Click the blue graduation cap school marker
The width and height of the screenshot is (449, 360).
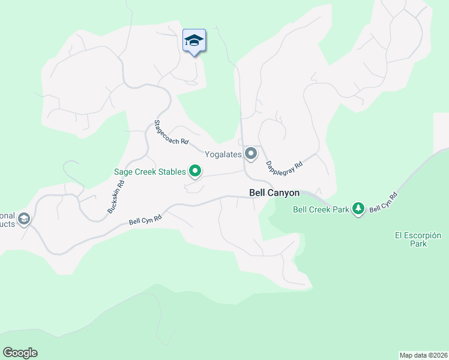pyautogui.click(x=194, y=41)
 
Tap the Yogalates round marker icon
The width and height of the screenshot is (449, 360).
pyautogui.click(x=251, y=154)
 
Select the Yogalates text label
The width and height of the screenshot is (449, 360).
pyautogui.click(x=223, y=154)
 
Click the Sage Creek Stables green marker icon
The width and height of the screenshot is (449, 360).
pyautogui.click(x=195, y=172)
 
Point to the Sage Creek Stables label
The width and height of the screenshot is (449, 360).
pyautogui.click(x=151, y=172)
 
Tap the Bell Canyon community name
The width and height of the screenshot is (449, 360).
pyautogui.click(x=274, y=193)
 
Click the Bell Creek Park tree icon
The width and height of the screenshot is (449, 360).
pyautogui.click(x=358, y=209)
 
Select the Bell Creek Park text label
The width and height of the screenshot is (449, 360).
pyautogui.click(x=321, y=209)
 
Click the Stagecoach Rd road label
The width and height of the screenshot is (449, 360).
pyautogui.click(x=171, y=133)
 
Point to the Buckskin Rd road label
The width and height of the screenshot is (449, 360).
pyautogui.click(x=115, y=194)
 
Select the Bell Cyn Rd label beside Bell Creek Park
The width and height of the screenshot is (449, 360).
pyautogui.click(x=384, y=202)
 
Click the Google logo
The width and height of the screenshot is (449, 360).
pyautogui.click(x=20, y=353)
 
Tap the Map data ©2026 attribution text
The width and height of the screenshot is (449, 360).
pyautogui.click(x=424, y=355)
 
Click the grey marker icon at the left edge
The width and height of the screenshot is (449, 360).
pyautogui.click(x=24, y=218)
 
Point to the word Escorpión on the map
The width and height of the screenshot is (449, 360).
pyautogui.click(x=430, y=235)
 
